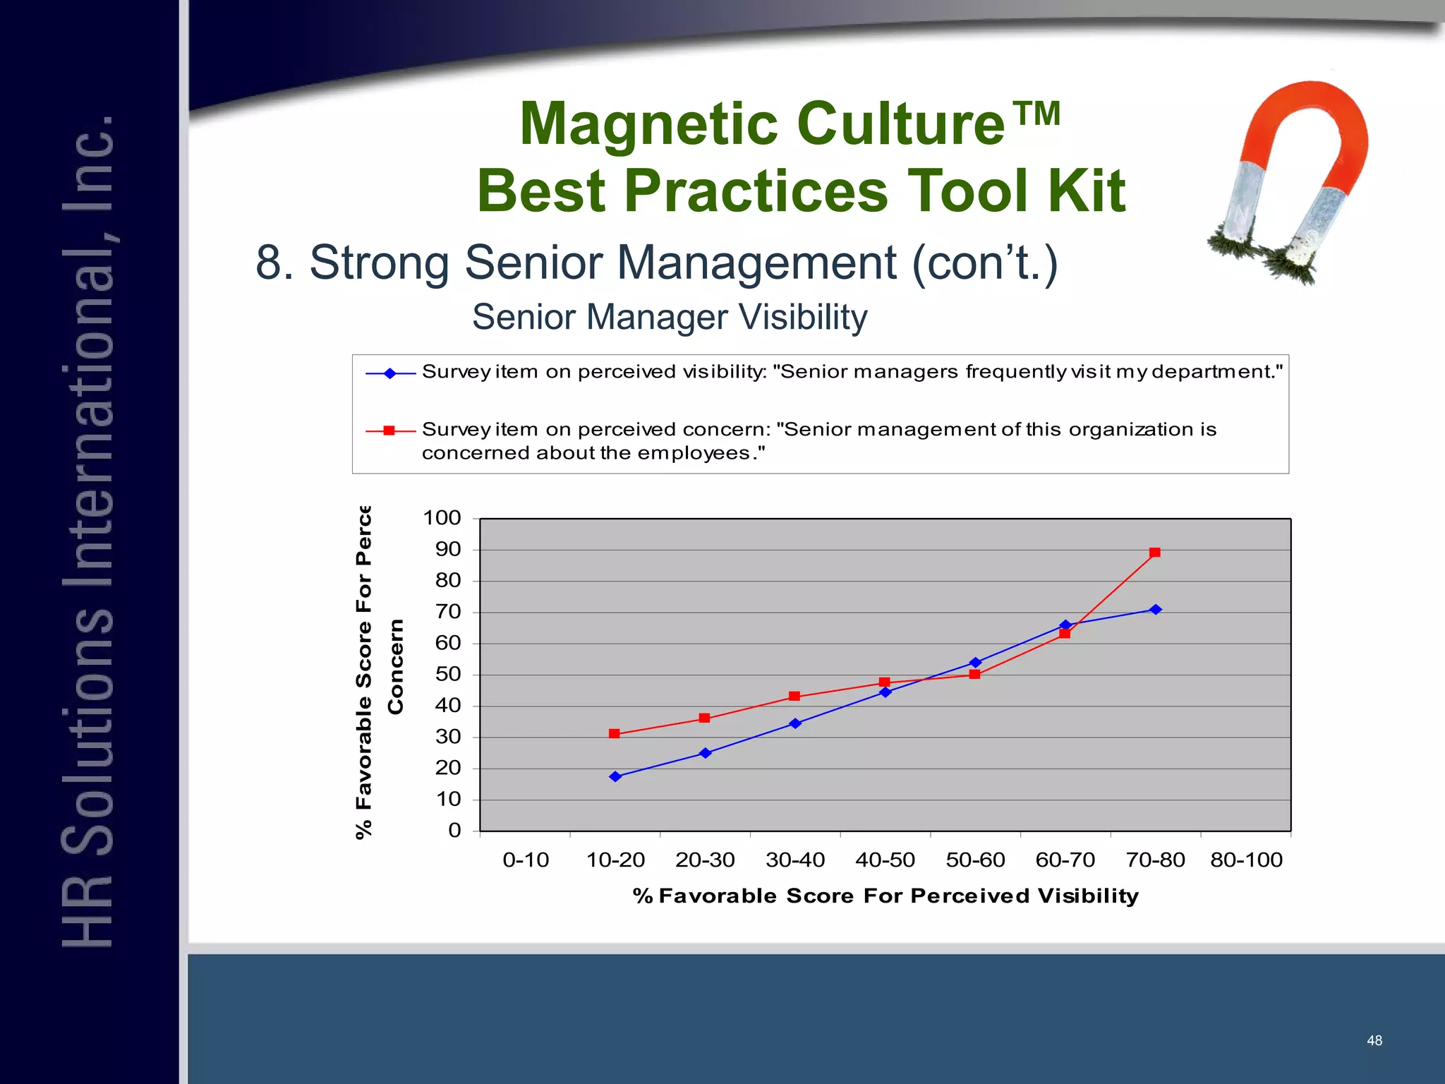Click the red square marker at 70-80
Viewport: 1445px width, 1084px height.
pyautogui.click(x=1155, y=553)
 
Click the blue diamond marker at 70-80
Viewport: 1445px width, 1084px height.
pyautogui.click(x=1156, y=610)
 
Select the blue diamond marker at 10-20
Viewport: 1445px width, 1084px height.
pyautogui.click(x=615, y=776)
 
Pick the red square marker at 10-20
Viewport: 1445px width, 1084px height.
pyautogui.click(x=615, y=734)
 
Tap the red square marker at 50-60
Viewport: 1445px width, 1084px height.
pyautogui.click(x=975, y=675)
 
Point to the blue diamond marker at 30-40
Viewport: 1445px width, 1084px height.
pyautogui.click(x=795, y=723)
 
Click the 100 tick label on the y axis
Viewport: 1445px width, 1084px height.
pyautogui.click(x=442, y=518)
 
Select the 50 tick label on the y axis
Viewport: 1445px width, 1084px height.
pyautogui.click(x=447, y=674)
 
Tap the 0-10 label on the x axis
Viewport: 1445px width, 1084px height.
pyautogui.click(x=526, y=860)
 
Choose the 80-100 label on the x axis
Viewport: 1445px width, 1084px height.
pyautogui.click(x=1246, y=860)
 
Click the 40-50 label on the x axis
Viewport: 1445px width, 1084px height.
pyautogui.click(x=885, y=860)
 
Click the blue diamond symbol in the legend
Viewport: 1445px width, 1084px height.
pyautogui.click(x=389, y=373)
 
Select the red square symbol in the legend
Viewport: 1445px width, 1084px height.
pyautogui.click(x=389, y=430)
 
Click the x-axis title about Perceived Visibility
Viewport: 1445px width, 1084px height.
pyautogui.click(x=885, y=896)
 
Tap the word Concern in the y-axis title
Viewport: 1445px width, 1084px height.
pyautogui.click(x=396, y=667)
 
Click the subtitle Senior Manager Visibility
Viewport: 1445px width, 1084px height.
pyautogui.click(x=670, y=317)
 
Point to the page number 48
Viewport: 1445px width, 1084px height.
pyautogui.click(x=1374, y=1040)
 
